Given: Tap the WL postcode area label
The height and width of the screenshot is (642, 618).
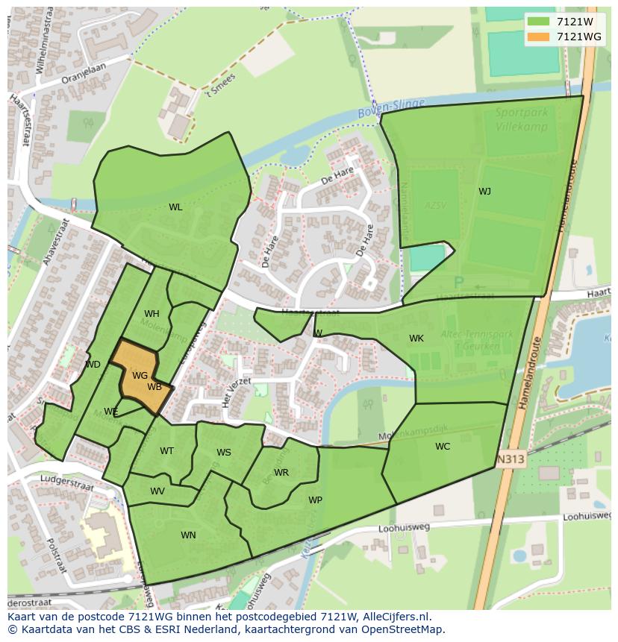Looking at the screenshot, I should pyautogui.click(x=175, y=207).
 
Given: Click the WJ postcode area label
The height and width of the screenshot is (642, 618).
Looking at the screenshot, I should pyautogui.click(x=485, y=192).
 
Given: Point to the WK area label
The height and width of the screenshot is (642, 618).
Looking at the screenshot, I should pyautogui.click(x=416, y=339).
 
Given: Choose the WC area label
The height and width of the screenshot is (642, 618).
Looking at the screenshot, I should pyautogui.click(x=443, y=447).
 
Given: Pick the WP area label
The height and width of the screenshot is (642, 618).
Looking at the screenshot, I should pyautogui.click(x=315, y=500).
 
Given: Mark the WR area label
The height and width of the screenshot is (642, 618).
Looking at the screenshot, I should pyautogui.click(x=281, y=473).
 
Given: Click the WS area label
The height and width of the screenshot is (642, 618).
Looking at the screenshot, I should pyautogui.click(x=224, y=453).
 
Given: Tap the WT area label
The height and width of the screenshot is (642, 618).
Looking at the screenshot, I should pyautogui.click(x=166, y=451).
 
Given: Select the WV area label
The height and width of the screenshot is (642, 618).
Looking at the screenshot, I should pyautogui.click(x=157, y=491).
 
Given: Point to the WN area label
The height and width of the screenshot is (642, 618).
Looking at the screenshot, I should pyautogui.click(x=188, y=535).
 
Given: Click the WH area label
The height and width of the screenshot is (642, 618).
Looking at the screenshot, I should pyautogui.click(x=152, y=314).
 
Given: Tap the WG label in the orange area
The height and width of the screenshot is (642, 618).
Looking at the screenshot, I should pyautogui.click(x=140, y=376).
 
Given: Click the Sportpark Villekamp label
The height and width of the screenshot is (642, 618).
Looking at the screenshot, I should pyautogui.click(x=522, y=119).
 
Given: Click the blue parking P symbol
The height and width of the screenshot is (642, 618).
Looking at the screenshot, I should pyautogui.click(x=458, y=283).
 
